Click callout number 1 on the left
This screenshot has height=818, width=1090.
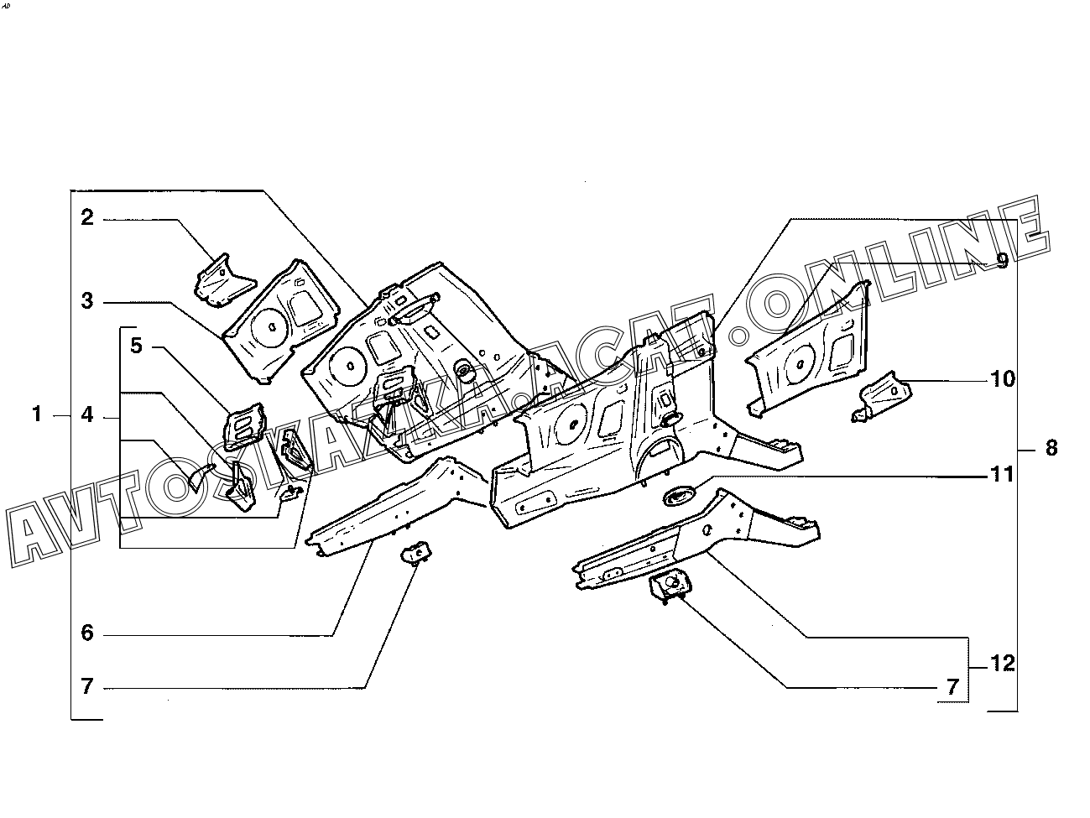[x=36, y=414]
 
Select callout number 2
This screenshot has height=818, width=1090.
[x=87, y=218]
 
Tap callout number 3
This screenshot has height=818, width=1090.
[x=87, y=300]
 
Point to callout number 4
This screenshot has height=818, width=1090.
[x=87, y=414]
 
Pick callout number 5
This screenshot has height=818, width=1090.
[x=137, y=345]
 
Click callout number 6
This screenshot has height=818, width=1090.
[x=87, y=633]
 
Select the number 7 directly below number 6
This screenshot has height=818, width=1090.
[x=87, y=686]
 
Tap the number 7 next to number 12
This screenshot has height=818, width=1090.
[x=952, y=687]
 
